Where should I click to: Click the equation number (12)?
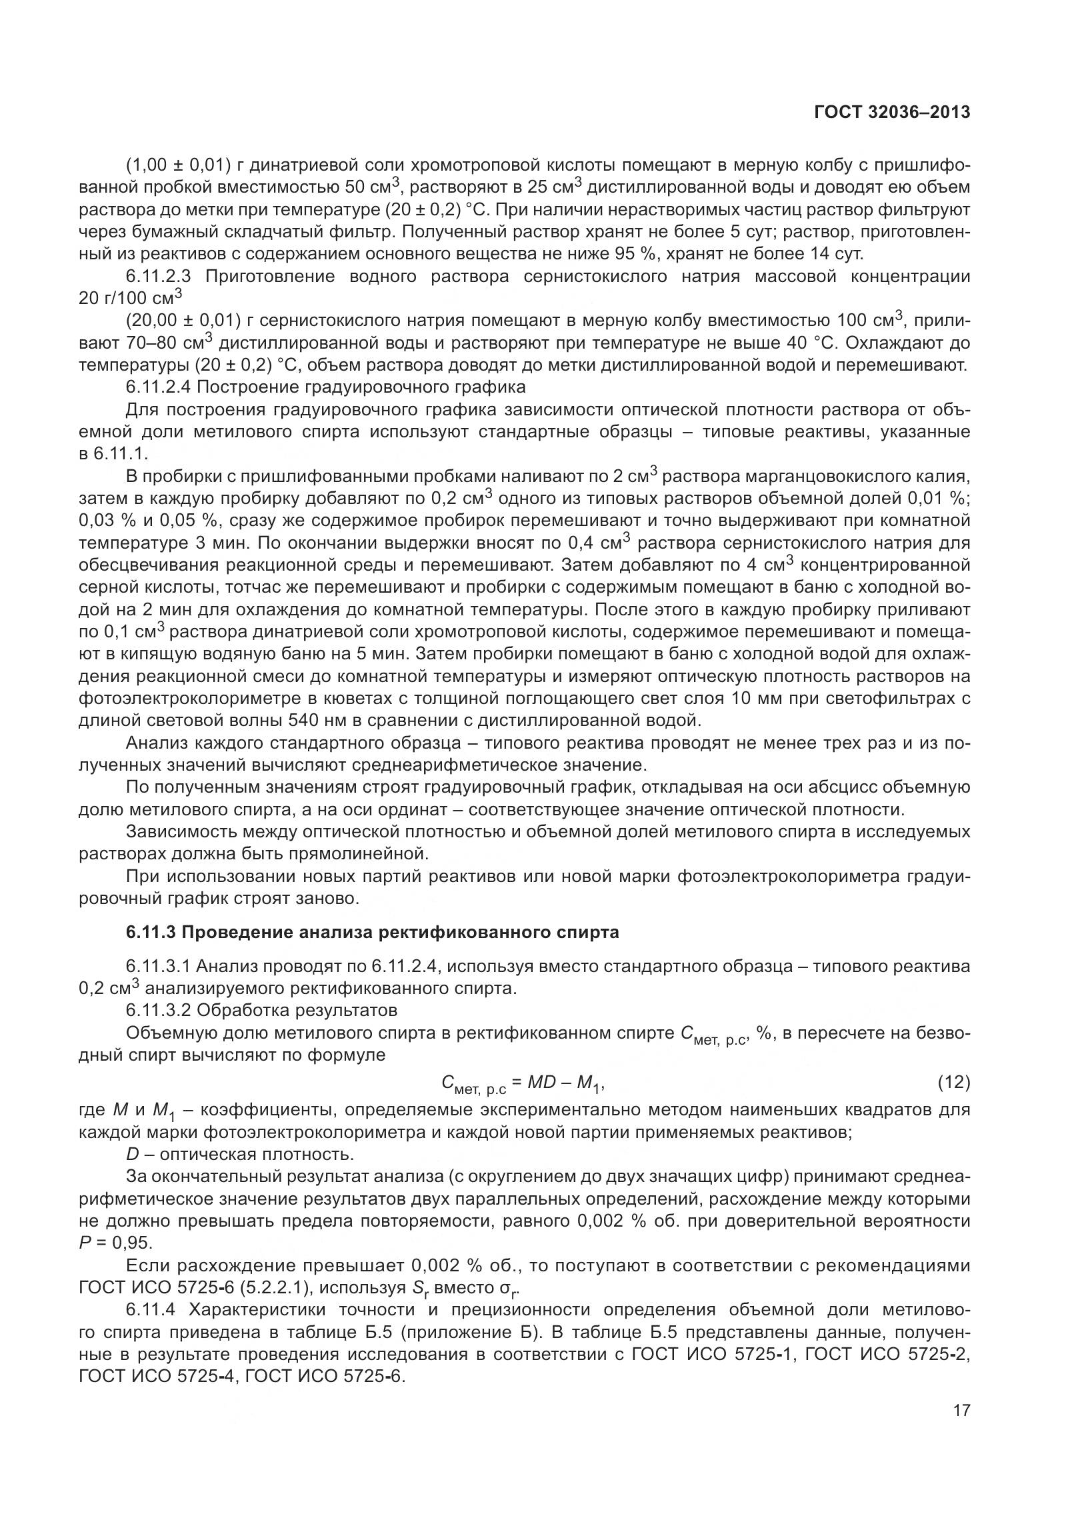tap(953, 1083)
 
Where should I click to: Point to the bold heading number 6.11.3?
tap(151, 932)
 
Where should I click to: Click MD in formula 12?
tap(541, 1083)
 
